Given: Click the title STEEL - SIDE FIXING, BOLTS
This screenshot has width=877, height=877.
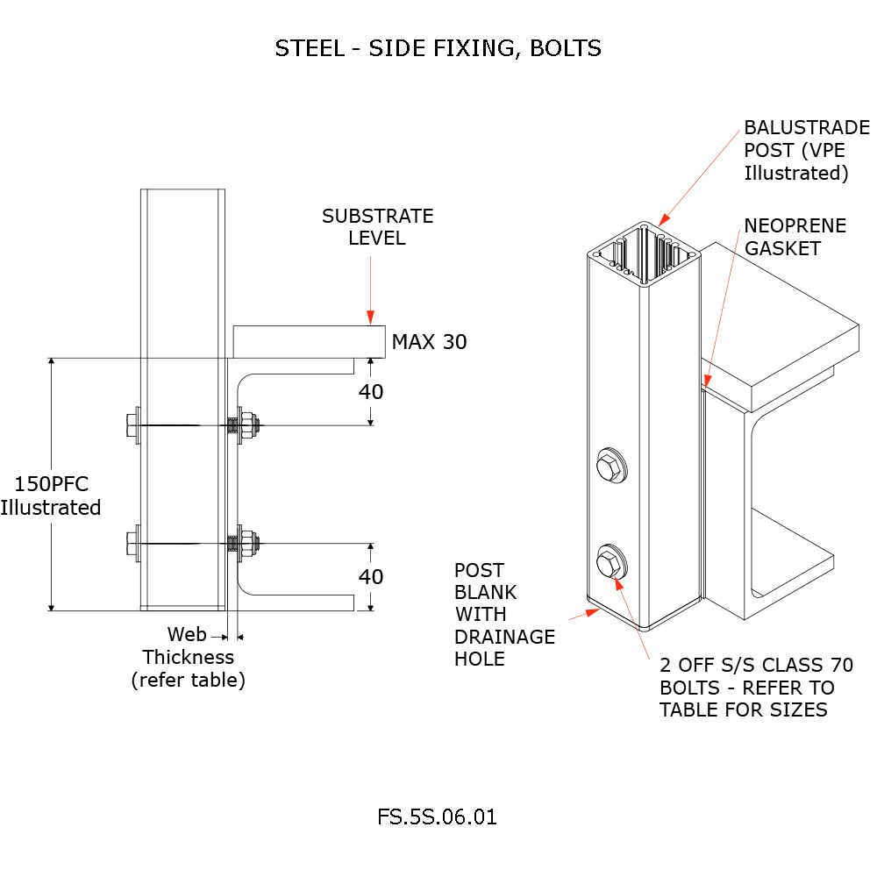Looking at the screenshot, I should (x=438, y=48).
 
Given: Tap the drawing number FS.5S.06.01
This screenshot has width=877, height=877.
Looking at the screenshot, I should (x=437, y=817).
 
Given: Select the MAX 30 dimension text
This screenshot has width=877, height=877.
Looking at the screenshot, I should (x=429, y=342).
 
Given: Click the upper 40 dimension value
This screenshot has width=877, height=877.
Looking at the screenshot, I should (x=371, y=392).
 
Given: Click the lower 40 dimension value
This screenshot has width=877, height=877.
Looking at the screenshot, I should (x=371, y=577).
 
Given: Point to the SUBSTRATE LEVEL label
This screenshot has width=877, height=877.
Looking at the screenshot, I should (x=377, y=226).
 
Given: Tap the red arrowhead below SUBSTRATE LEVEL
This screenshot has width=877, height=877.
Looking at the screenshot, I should (x=371, y=317).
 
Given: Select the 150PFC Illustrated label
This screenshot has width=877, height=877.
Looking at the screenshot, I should (x=51, y=496).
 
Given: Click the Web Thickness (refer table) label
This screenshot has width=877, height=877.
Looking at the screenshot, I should (x=189, y=657).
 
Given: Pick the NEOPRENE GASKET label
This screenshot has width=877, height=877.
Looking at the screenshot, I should (x=795, y=237).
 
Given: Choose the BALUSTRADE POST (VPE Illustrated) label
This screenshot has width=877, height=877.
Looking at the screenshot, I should (x=806, y=150).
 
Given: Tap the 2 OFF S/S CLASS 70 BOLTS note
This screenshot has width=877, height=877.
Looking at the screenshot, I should (x=756, y=688).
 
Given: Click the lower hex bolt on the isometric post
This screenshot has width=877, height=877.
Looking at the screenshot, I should (x=610, y=561).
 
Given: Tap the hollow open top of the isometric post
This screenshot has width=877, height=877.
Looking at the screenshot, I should (x=645, y=253).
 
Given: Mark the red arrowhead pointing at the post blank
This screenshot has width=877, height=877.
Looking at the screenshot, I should (x=593, y=611).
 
